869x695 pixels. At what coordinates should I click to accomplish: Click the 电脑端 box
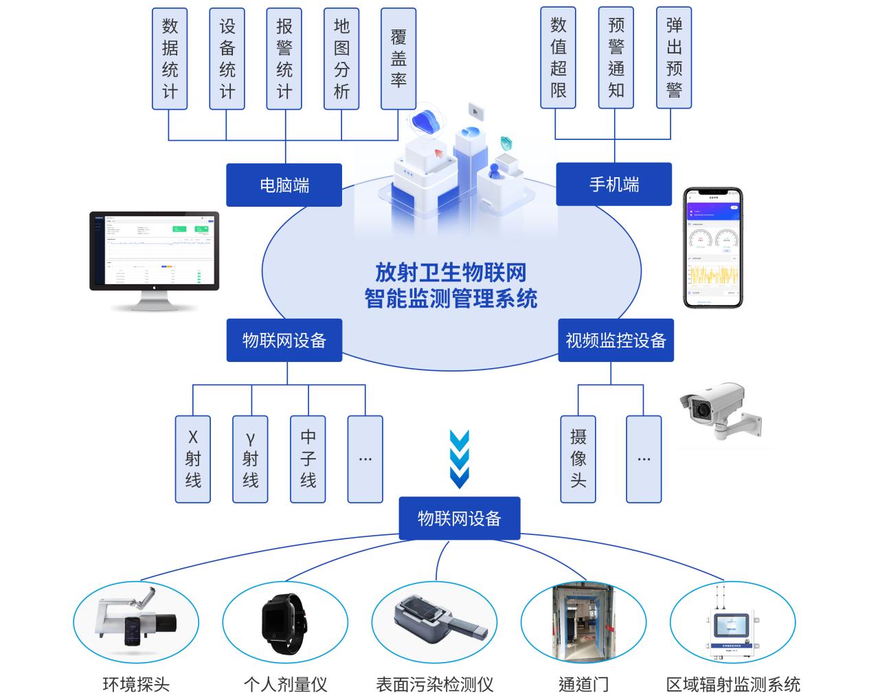point(284,185)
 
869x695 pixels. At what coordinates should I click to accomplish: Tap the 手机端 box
point(613,184)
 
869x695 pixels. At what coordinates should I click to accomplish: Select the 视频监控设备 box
point(616,340)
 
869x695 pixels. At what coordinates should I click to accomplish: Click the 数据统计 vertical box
point(170,58)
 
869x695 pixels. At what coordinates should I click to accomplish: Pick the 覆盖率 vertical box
point(398,58)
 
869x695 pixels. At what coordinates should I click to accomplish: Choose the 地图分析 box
point(341,58)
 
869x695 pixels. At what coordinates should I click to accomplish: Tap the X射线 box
point(193,459)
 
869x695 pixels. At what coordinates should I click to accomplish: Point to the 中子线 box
point(308,459)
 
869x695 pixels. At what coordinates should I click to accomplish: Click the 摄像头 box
point(578,459)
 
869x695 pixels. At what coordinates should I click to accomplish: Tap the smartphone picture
point(714,248)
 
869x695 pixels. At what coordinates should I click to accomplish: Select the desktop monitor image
point(154,260)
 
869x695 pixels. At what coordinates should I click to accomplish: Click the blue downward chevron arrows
point(459,459)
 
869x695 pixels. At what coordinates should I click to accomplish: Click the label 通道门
point(583,684)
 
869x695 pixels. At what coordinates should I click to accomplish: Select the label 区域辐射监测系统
point(733,684)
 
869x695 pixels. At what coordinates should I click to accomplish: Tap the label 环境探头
point(136,684)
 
